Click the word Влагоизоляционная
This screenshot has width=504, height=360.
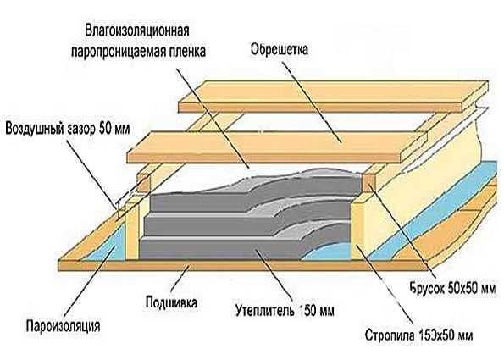(x=137, y=30)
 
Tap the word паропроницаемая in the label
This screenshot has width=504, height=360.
(x=120, y=52)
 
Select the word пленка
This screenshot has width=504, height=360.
(x=190, y=52)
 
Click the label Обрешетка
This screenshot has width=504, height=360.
(x=280, y=50)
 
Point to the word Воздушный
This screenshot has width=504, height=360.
(x=34, y=129)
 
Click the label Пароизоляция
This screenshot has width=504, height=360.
(x=63, y=326)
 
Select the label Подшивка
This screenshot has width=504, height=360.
(x=171, y=302)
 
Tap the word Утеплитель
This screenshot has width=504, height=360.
(x=265, y=311)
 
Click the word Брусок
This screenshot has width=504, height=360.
(x=427, y=288)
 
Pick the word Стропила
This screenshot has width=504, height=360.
(x=390, y=335)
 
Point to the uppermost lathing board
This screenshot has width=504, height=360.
(x=334, y=97)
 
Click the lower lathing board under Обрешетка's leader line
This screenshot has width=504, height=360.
(x=276, y=147)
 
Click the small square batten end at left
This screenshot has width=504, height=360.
(x=143, y=183)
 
